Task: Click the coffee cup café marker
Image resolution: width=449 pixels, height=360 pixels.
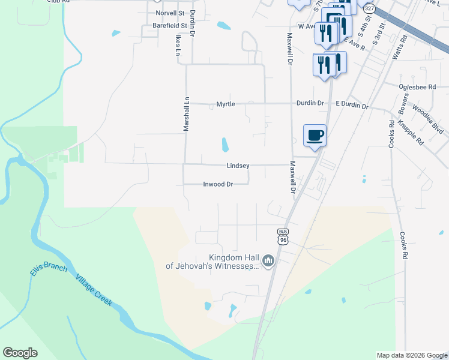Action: pos(315,135)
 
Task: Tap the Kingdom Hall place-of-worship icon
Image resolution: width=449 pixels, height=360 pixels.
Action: pos(268,260)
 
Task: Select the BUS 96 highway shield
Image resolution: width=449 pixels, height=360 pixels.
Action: pos(283,236)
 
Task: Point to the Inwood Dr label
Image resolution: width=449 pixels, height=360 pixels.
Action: pos(217,185)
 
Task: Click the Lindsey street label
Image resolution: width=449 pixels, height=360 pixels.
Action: pos(238,166)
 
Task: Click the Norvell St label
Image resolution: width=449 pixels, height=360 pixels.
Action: pos(169,13)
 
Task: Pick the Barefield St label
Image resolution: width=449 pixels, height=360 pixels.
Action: pos(170,26)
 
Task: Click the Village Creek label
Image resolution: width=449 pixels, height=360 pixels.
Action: pos(94,291)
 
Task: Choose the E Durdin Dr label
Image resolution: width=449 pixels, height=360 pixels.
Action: pos(352,105)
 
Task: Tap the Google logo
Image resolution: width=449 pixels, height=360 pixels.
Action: pos(20,353)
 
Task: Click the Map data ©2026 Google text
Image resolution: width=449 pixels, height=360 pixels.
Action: pos(411,355)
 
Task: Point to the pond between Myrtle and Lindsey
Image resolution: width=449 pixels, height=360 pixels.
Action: pos(225,145)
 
